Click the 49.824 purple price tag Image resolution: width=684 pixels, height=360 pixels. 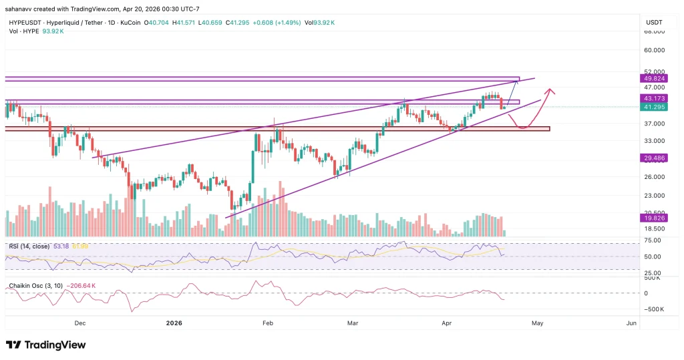[651, 77]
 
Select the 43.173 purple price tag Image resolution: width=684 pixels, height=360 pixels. [651, 98]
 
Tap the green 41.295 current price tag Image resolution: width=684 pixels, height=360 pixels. [651, 107]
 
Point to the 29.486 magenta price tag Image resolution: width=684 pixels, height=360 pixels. [651, 158]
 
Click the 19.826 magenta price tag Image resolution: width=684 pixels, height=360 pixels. [651, 218]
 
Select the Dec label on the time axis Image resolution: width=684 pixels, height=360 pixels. [80, 322]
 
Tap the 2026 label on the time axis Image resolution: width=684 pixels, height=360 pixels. [173, 322]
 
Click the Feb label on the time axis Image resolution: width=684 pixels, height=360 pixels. [268, 322]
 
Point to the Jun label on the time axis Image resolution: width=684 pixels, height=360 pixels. [631, 322]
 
